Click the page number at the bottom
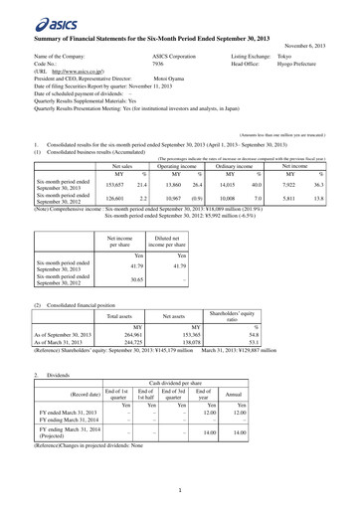point(180,488)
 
